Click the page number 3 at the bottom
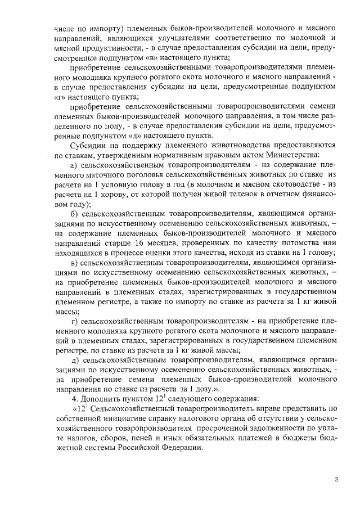336,479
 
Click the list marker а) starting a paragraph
74,166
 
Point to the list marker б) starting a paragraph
74,214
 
